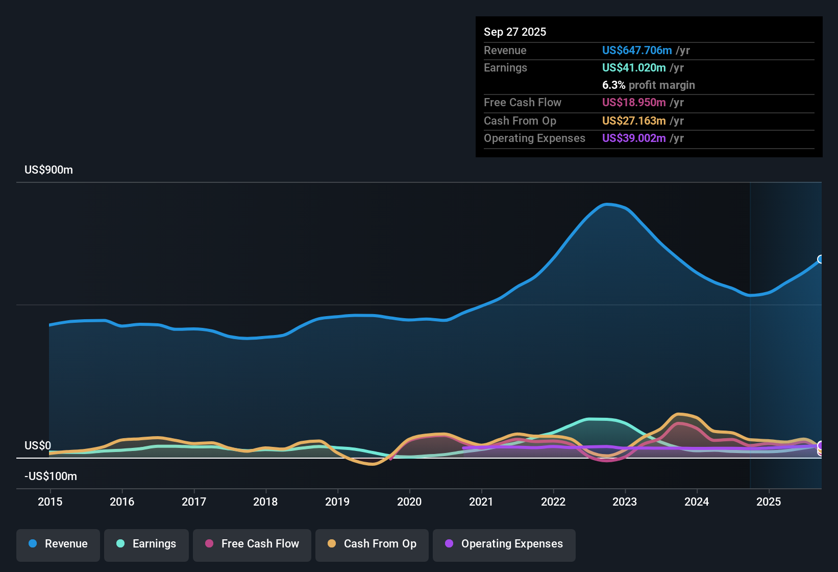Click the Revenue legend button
[58, 544]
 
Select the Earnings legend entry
[146, 544]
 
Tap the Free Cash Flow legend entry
[252, 544]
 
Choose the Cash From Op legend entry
[372, 544]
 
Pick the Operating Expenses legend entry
[504, 544]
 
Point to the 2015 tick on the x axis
[50, 502]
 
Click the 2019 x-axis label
[337, 502]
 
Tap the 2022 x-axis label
[553, 502]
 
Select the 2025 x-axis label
[769, 502]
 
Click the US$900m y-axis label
[48, 170]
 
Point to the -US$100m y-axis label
[51, 476]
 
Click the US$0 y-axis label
[38, 446]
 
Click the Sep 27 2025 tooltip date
[514, 32]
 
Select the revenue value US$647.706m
[636, 50]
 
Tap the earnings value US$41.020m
[633, 67]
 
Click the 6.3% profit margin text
[648, 85]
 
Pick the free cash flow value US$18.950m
[633, 102]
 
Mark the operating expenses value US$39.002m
[633, 138]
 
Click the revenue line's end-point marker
[821, 259]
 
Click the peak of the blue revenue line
[606, 204]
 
